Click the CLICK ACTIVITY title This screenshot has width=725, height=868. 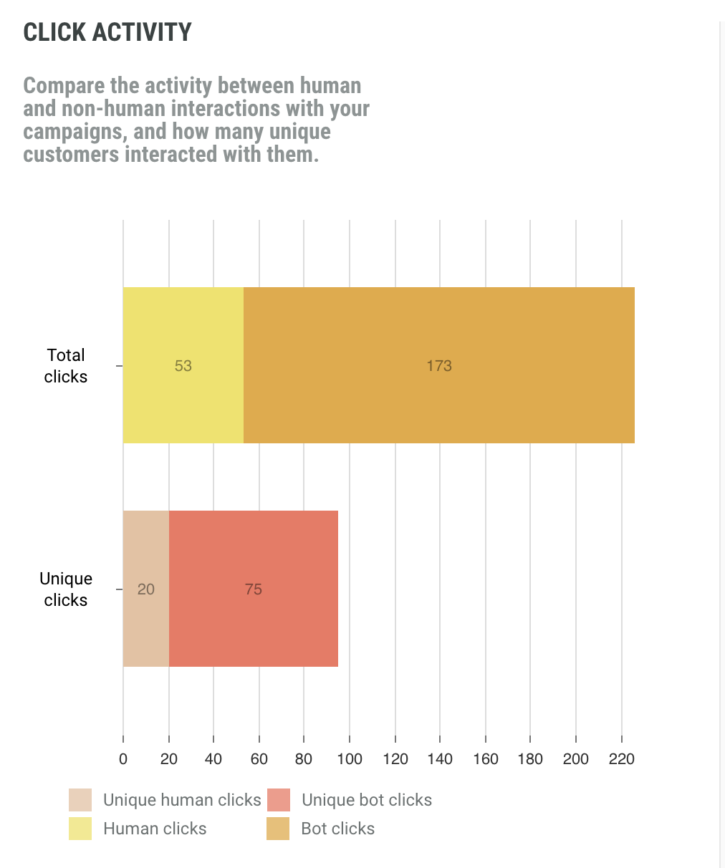[107, 32]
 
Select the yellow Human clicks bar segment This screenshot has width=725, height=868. [183, 337]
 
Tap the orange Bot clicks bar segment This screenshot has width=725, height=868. [438, 337]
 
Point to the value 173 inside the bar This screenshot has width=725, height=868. [439, 366]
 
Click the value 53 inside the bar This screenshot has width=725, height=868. [183, 366]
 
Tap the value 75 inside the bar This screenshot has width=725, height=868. [254, 589]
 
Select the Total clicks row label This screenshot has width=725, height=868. [66, 366]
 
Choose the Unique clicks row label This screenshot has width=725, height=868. [66, 589]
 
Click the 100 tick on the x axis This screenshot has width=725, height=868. [350, 759]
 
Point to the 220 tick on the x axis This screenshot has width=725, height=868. [622, 759]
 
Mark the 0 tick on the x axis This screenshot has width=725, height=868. [123, 759]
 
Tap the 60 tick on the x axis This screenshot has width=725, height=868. [259, 759]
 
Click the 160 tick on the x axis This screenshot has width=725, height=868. [486, 759]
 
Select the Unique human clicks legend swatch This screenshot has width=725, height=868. [80, 800]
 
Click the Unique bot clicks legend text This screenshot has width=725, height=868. [367, 800]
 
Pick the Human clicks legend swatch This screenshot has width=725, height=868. [80, 829]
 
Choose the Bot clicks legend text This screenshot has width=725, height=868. [338, 829]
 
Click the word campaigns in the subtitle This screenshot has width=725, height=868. [75, 132]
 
